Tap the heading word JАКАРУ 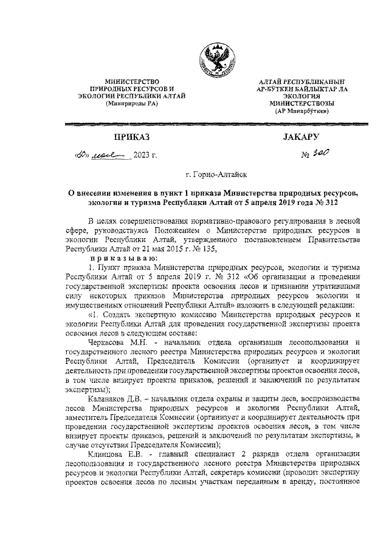tap(301, 137)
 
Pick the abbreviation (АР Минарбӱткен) tap(302, 111)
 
